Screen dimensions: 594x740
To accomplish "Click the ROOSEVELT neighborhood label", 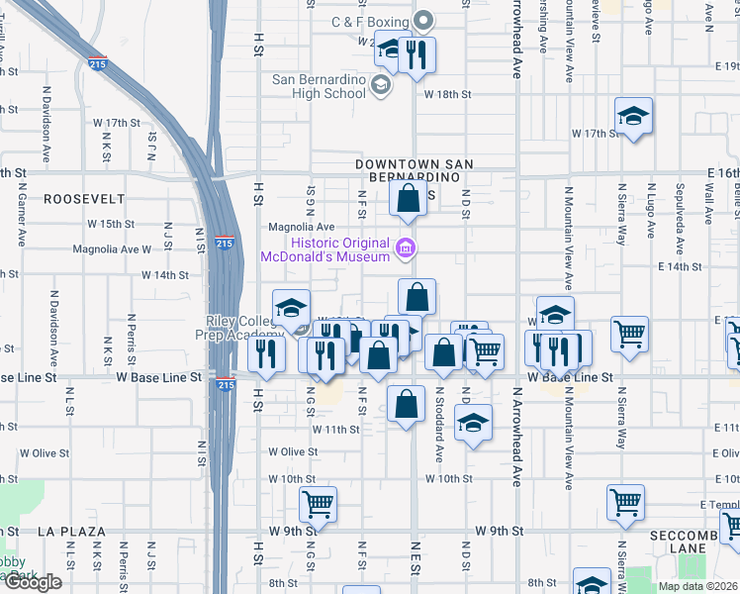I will point(83,199).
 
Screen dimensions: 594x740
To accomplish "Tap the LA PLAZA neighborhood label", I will point(71,532).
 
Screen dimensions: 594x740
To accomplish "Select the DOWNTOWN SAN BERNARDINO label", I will point(415,170).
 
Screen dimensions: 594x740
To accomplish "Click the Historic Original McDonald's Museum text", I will point(324,249).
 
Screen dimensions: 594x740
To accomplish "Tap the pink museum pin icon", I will point(405,247).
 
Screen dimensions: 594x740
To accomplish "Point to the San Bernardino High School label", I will point(319,86).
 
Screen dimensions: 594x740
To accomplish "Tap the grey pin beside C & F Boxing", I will point(425,20).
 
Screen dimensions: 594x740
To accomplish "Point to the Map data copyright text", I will point(696,586).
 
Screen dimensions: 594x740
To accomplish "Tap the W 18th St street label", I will point(448,94).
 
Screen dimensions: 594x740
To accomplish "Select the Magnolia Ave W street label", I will point(112,249).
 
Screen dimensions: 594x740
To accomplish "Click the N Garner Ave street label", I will point(22,221).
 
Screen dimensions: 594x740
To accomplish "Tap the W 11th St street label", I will point(335,429).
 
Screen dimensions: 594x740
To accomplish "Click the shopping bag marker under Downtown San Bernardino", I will point(409,199).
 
